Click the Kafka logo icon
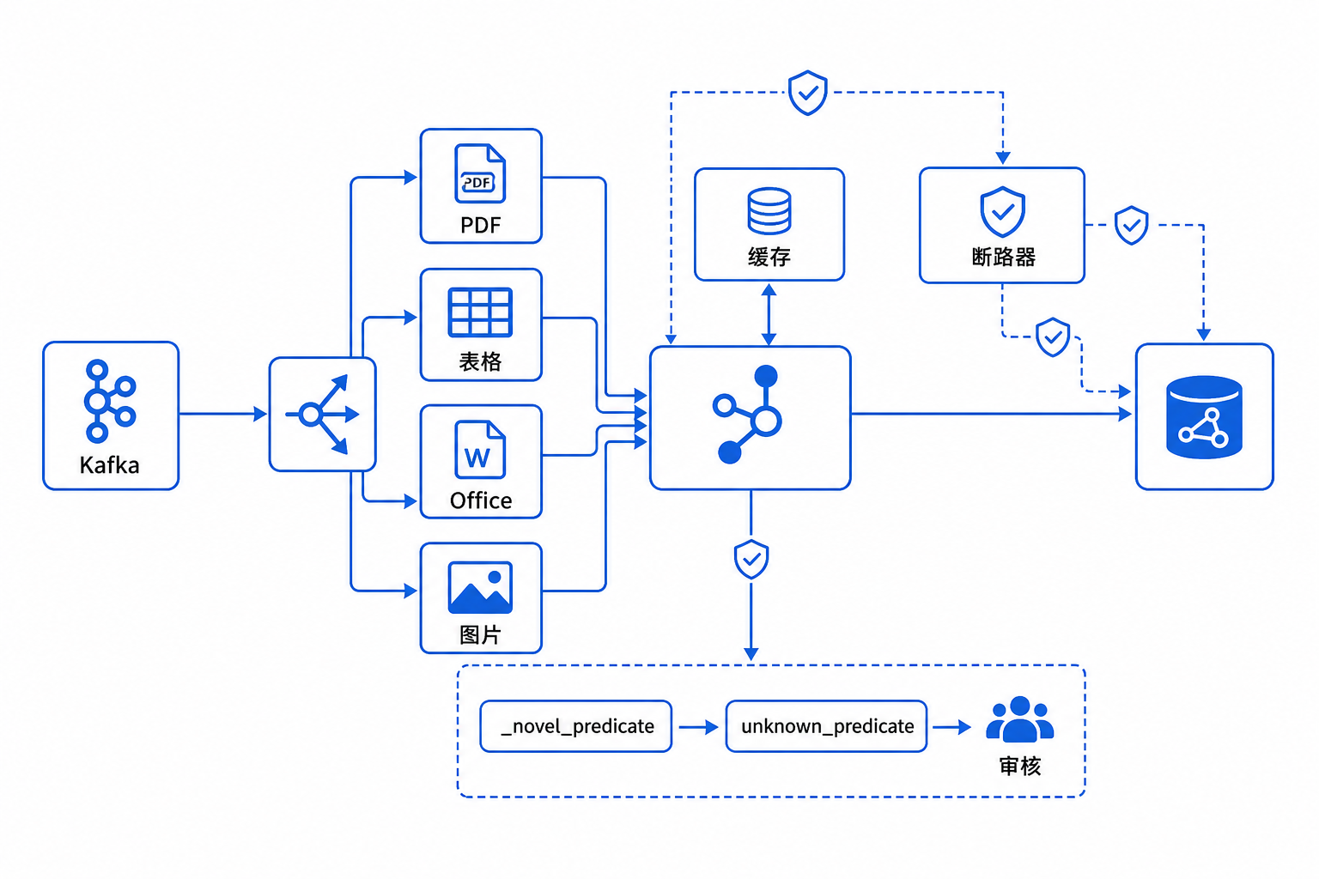pyautogui.click(x=110, y=400)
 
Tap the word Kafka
pyautogui.click(x=110, y=465)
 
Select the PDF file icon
pyautogui.click(x=480, y=173)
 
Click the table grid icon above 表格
pyautogui.click(x=480, y=312)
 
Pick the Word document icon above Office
pyautogui.click(x=480, y=449)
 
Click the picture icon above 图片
pyautogui.click(x=480, y=587)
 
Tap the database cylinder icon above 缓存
pyautogui.click(x=769, y=211)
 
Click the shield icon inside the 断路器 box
pyautogui.click(x=1002, y=211)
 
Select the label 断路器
pyautogui.click(x=1003, y=257)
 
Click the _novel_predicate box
pyautogui.click(x=576, y=726)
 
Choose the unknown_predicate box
pyautogui.click(x=826, y=726)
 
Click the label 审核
pyautogui.click(x=1020, y=766)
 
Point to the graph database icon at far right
pyautogui.click(x=1204, y=417)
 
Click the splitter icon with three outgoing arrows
pyautogui.click(x=322, y=415)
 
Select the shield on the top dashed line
pyautogui.click(x=808, y=93)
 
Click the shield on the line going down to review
pyautogui.click(x=751, y=559)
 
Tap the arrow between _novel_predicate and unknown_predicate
pyautogui.click(x=698, y=727)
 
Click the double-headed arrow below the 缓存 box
pyautogui.click(x=769, y=314)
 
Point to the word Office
pyautogui.click(x=481, y=500)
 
